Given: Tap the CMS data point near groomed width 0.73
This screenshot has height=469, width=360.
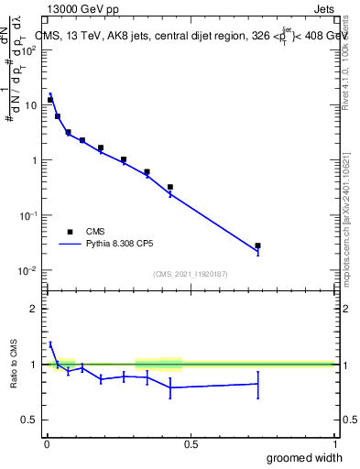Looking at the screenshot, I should [x=258, y=245].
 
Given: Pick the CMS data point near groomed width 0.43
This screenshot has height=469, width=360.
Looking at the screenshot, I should [x=170, y=187].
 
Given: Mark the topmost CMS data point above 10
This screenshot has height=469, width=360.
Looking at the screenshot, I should [x=50, y=100].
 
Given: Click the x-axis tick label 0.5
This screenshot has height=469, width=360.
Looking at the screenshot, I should [x=191, y=444].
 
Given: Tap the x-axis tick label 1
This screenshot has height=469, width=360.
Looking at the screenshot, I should [x=334, y=444].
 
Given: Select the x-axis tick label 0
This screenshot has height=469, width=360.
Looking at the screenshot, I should [x=47, y=444].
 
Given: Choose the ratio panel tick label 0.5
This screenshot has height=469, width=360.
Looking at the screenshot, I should [x=29, y=420].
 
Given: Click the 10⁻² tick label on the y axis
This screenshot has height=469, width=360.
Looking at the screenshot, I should [x=27, y=270].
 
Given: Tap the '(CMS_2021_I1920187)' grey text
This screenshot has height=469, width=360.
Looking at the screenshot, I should [x=191, y=273].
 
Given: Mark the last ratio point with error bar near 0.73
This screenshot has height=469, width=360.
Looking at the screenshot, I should [x=258, y=384].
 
